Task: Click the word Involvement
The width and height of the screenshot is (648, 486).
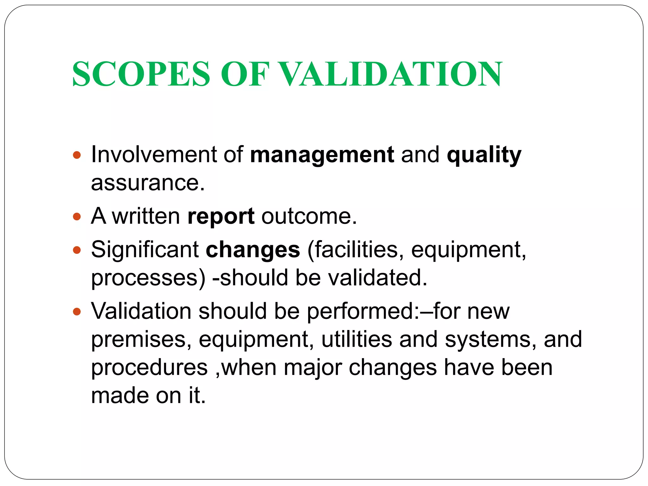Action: click(x=154, y=155)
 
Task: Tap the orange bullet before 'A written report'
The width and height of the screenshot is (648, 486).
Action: click(x=77, y=217)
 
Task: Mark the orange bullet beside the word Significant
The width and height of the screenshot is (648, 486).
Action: click(x=77, y=250)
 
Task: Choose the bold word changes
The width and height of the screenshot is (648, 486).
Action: click(x=253, y=250)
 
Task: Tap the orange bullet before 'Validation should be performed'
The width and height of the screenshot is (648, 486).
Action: click(x=77, y=312)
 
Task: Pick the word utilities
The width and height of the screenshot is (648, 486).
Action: click(x=357, y=339)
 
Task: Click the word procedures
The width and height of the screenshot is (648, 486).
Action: click(x=149, y=368)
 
